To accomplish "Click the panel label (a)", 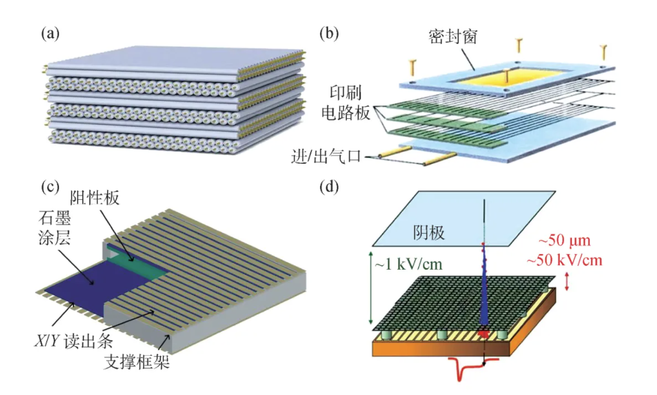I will pyautogui.click(x=50, y=33).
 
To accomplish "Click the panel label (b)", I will pyautogui.click(x=329, y=33).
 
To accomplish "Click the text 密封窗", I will pyautogui.click(x=453, y=37).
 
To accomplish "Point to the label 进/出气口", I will pyautogui.click(x=326, y=157).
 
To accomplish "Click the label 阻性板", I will pyautogui.click(x=94, y=198).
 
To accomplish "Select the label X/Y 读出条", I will pyautogui.click(x=73, y=341).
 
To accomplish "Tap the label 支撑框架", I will pyautogui.click(x=137, y=362).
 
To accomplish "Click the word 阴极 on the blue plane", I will pyautogui.click(x=429, y=233).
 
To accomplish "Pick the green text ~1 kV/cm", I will pyautogui.click(x=409, y=264).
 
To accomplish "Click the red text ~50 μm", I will pyautogui.click(x=564, y=241).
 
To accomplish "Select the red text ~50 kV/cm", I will pyautogui.click(x=564, y=260).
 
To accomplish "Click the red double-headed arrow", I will pyautogui.click(x=567, y=281).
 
